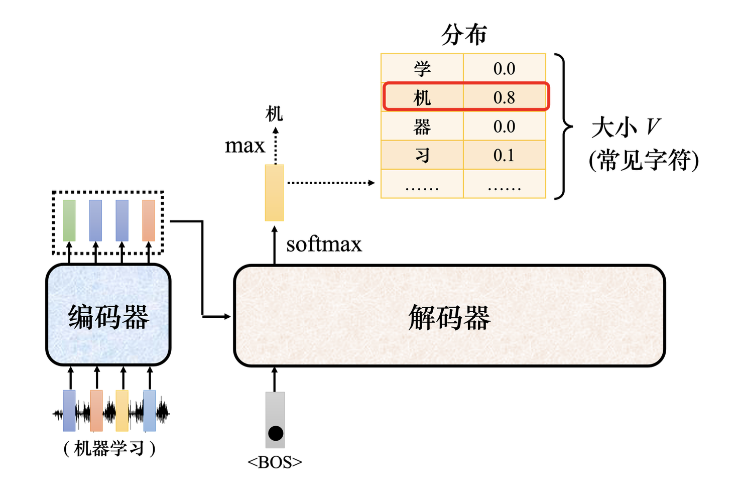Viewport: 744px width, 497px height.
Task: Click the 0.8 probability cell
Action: click(504, 97)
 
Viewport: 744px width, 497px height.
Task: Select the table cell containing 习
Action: click(422, 155)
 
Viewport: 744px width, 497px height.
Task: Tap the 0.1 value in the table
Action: click(504, 155)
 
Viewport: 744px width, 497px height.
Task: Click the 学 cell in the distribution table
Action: click(422, 68)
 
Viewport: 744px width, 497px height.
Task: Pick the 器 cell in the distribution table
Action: click(422, 127)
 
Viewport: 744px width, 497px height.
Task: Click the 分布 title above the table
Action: click(464, 35)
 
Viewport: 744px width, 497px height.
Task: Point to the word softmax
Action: click(324, 245)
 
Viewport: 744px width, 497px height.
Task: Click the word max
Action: click(244, 146)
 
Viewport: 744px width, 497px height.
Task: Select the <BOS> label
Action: click(275, 462)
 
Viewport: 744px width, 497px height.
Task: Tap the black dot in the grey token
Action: click(276, 433)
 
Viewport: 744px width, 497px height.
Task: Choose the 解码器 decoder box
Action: click(449, 316)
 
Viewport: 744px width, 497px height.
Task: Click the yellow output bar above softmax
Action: click(275, 193)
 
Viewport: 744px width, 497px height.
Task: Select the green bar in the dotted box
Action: click(69, 220)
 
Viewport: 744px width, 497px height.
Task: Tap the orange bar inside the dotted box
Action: click(149, 220)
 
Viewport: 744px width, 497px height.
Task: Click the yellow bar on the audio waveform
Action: click(122, 411)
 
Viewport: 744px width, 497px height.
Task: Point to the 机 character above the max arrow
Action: click(274, 114)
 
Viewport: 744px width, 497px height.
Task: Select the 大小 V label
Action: click(626, 128)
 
